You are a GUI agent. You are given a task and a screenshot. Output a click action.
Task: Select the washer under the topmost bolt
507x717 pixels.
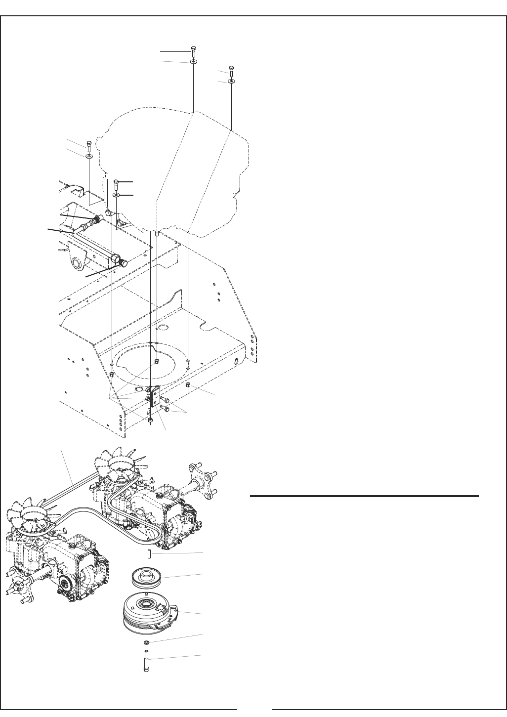click(193, 62)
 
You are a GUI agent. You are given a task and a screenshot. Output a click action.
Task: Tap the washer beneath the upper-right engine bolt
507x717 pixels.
click(232, 81)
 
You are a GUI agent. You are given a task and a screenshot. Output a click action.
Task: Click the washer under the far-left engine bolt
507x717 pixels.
click(89, 156)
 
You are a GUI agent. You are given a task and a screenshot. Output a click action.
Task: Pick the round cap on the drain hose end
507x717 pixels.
click(124, 263)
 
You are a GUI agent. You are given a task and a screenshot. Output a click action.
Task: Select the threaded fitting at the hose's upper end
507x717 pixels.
click(97, 219)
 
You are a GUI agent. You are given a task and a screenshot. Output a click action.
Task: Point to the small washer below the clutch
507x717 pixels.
click(146, 642)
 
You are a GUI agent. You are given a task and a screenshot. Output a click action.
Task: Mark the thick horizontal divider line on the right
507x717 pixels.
click(365, 496)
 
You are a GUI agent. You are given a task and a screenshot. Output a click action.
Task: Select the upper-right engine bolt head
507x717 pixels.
click(231, 69)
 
